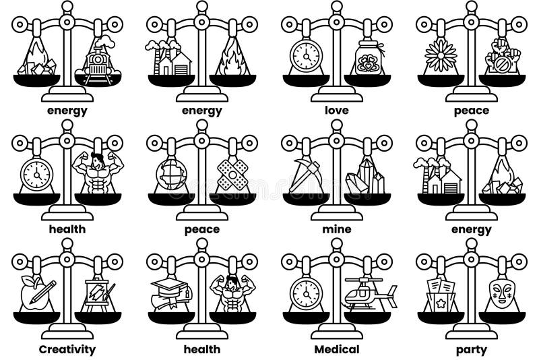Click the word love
tap(337, 110)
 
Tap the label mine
tap(337, 229)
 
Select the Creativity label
tap(67, 349)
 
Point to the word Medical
tap(337, 349)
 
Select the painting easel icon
tap(98, 294)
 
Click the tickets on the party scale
tap(441, 295)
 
